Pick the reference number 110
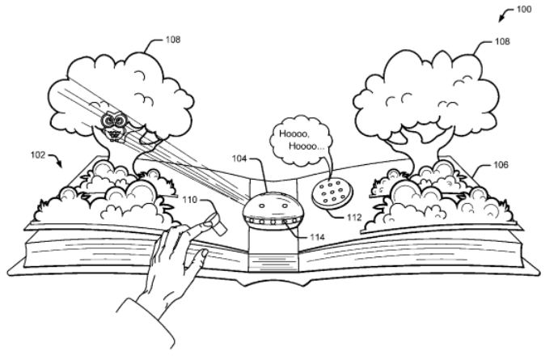188,198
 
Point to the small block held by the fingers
214,218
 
